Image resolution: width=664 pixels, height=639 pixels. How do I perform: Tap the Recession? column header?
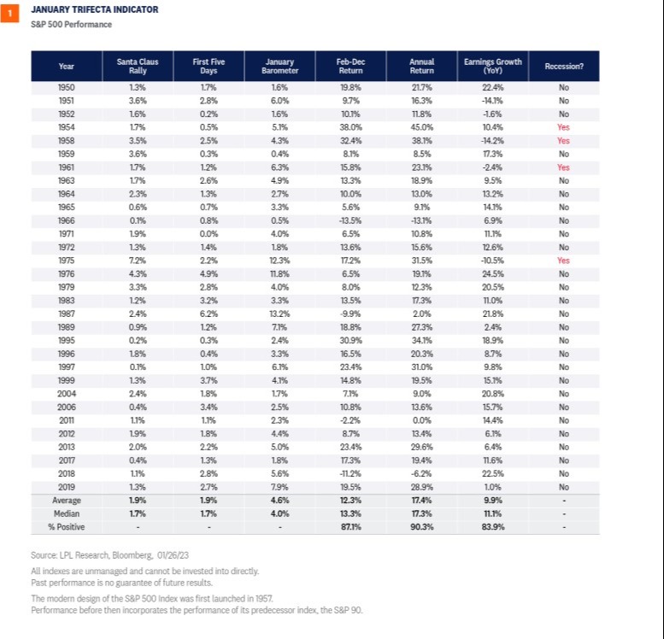tap(563, 66)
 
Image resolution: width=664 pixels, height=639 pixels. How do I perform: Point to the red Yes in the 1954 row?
tap(563, 126)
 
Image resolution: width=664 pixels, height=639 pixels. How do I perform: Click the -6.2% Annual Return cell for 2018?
tap(420, 472)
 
